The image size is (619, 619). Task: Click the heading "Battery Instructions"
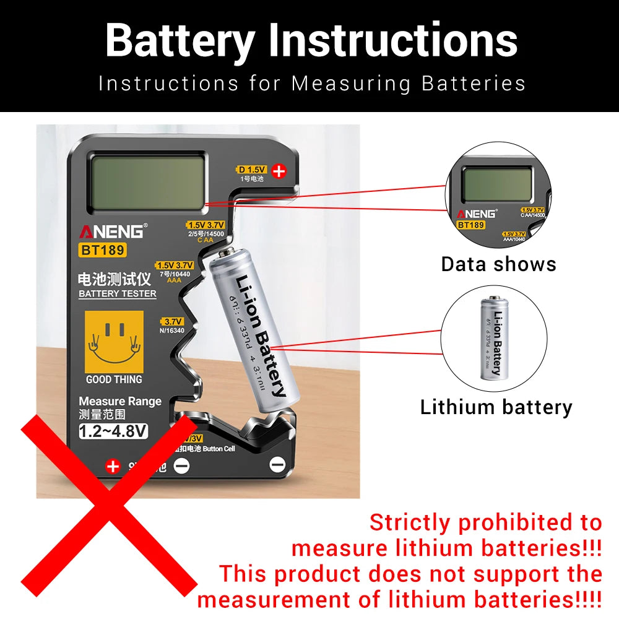pyautogui.click(x=311, y=41)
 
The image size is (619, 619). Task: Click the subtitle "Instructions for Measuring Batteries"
pyautogui.click(x=311, y=84)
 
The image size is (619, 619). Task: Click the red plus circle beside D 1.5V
pyautogui.click(x=279, y=171)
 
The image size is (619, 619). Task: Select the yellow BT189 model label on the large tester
pyautogui.click(x=103, y=250)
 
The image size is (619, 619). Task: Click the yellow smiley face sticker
pyautogui.click(x=113, y=340)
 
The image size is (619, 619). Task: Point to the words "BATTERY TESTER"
pyautogui.click(x=117, y=293)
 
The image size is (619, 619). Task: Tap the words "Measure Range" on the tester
pyautogui.click(x=119, y=401)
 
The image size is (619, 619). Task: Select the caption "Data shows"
pyautogui.click(x=498, y=264)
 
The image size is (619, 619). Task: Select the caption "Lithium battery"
pyautogui.click(x=496, y=407)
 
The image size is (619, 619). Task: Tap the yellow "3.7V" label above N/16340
pyautogui.click(x=173, y=321)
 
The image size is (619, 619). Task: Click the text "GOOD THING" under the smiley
pyautogui.click(x=114, y=379)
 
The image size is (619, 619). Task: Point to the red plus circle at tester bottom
pyautogui.click(x=113, y=465)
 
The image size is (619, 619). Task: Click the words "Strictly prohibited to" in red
pyautogui.click(x=485, y=523)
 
